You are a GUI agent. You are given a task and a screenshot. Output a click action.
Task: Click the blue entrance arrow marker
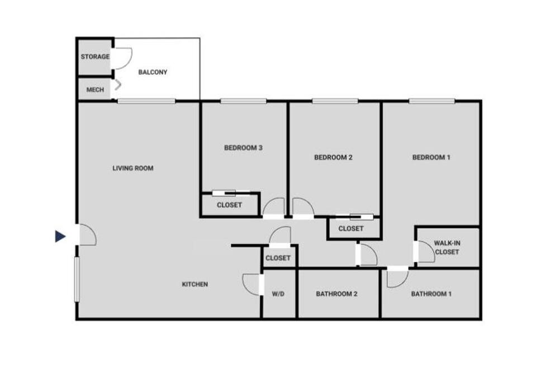(60, 236)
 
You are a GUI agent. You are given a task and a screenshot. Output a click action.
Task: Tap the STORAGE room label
(95, 56)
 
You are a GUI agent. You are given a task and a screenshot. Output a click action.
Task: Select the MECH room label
(95, 90)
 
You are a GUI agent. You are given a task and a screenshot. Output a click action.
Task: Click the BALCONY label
(153, 72)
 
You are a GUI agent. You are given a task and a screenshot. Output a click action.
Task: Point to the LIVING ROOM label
(133, 168)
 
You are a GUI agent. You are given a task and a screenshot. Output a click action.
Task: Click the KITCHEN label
(195, 284)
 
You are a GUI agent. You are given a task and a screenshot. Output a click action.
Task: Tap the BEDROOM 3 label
(244, 147)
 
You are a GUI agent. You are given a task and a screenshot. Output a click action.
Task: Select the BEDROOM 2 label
(333, 157)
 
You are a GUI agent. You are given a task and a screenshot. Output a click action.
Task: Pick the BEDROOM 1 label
(432, 157)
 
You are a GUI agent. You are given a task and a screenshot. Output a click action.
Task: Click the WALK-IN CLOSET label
(447, 247)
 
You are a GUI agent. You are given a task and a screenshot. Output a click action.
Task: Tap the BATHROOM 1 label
(432, 294)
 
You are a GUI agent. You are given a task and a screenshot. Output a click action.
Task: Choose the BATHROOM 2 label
(337, 294)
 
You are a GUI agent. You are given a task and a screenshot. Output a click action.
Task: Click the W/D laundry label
(278, 294)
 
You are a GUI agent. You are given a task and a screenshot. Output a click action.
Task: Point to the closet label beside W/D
(278, 257)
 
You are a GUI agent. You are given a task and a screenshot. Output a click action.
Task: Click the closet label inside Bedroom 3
(230, 205)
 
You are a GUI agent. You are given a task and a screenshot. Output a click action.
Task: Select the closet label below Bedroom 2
(351, 228)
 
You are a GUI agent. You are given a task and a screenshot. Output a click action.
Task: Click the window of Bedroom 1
(432, 101)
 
